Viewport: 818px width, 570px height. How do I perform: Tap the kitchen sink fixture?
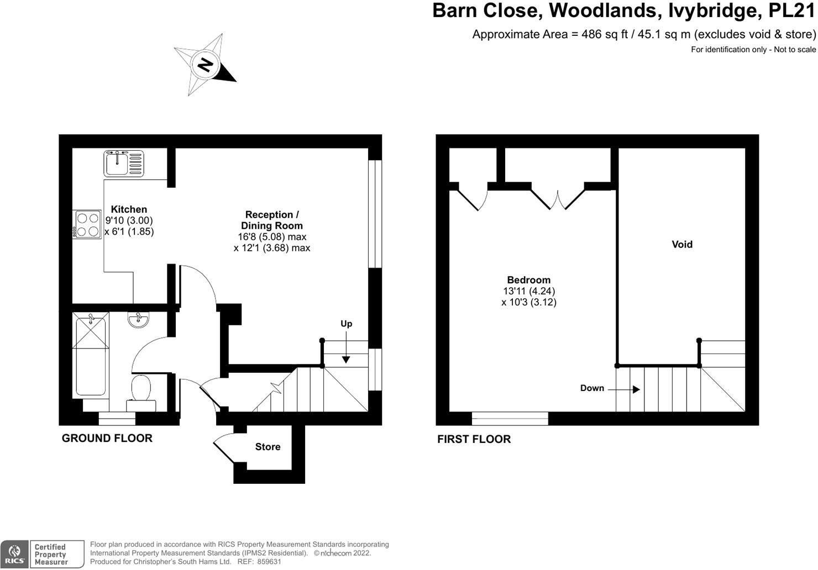pyautogui.click(x=124, y=163)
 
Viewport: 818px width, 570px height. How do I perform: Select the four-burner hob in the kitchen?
pyautogui.click(x=87, y=224)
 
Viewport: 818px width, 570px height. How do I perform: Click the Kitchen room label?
pyautogui.click(x=129, y=209)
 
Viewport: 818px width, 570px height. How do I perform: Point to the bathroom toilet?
pyautogui.click(x=141, y=391)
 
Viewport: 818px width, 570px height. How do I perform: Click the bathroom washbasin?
pyautogui.click(x=138, y=320)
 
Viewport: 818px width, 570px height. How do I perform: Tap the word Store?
pyautogui.click(x=268, y=447)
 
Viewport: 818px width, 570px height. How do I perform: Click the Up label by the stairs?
pyautogui.click(x=346, y=324)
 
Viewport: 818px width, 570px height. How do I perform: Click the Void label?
pyautogui.click(x=681, y=244)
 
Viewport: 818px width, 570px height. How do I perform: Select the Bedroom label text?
pyautogui.click(x=528, y=280)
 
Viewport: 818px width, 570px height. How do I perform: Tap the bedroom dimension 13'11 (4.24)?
pyautogui.click(x=528, y=291)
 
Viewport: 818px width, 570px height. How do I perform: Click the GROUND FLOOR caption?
pyautogui.click(x=107, y=439)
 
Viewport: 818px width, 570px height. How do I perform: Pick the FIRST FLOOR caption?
pyautogui.click(x=474, y=440)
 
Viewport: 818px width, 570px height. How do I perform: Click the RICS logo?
pyautogui.click(x=14, y=555)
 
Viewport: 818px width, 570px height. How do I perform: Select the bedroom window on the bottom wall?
pyautogui.click(x=510, y=418)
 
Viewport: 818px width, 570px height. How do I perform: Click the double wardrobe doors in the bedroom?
pyautogui.click(x=558, y=199)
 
